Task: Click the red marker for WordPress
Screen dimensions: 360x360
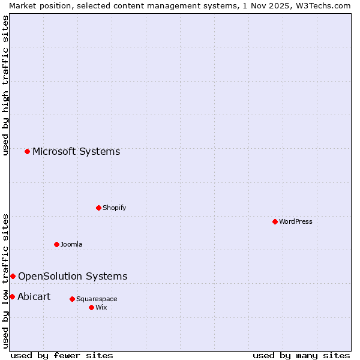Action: pos(275,221)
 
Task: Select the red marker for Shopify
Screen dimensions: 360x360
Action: pos(98,208)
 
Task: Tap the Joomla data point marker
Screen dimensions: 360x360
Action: pos(56,244)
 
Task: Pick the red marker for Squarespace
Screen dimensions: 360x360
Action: pos(72,299)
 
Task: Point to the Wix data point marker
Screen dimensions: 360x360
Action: pos(91,307)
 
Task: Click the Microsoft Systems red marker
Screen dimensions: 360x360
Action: pos(27,151)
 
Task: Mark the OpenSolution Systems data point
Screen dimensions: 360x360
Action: pos(13,276)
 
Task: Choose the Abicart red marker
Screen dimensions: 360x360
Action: pos(12,296)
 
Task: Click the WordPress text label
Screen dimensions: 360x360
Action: pos(296,221)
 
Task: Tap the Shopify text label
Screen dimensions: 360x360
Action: pos(115,208)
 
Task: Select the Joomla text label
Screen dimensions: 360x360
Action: pos(71,244)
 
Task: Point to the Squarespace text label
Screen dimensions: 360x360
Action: pos(97,299)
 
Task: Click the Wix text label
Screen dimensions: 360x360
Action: pos(101,307)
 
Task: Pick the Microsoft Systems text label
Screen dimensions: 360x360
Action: pos(76,151)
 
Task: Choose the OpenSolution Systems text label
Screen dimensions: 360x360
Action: pos(73,276)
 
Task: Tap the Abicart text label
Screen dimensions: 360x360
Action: pos(34,296)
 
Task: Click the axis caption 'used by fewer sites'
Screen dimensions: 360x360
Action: pos(62,355)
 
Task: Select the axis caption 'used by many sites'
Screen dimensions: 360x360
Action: pos(301,355)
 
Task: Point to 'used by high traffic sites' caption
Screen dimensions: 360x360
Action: pos(5,85)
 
